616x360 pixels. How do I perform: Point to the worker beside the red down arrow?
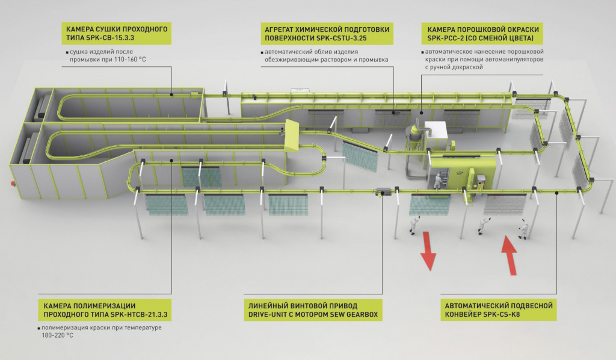(414, 224)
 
